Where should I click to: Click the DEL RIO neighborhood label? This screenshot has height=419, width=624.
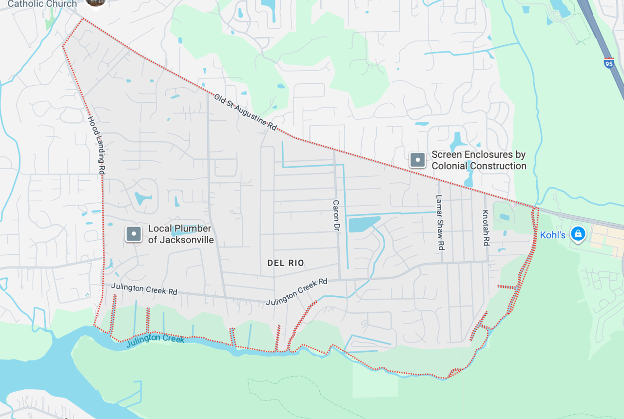click(286, 263)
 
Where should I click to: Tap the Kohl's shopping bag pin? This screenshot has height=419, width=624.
click(578, 234)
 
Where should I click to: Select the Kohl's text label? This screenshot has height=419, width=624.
click(552, 235)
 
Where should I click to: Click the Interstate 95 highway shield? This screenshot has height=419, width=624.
click(609, 63)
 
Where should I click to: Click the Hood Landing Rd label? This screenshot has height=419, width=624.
click(97, 145)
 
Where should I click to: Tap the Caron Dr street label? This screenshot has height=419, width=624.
click(336, 215)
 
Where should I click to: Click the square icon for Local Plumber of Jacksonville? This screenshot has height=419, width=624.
click(134, 234)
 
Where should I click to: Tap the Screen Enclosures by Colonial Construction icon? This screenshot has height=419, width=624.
click(418, 160)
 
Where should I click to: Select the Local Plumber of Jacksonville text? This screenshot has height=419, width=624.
click(180, 234)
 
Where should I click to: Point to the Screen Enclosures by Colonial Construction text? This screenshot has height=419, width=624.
click(479, 160)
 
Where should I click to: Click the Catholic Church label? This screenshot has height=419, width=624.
click(42, 4)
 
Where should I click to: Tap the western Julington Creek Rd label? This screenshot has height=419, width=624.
click(144, 289)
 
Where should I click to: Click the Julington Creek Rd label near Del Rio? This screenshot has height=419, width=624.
click(296, 292)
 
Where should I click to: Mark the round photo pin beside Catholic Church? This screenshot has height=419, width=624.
click(96, 2)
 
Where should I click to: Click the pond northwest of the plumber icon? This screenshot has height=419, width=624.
click(142, 198)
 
